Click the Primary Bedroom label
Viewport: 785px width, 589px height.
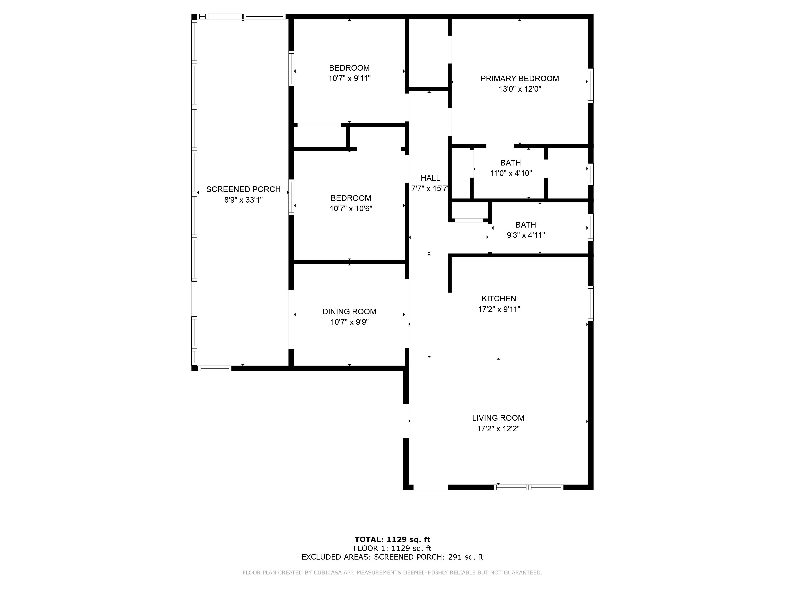(519, 79)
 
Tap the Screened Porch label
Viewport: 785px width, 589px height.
(244, 189)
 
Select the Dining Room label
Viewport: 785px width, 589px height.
(349, 311)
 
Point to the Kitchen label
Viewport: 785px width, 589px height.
(499, 299)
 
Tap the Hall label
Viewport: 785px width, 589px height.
(430, 178)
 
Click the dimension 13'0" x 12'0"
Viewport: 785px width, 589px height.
(519, 89)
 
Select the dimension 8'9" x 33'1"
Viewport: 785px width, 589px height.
(244, 200)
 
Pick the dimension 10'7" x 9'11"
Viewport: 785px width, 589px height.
(350, 78)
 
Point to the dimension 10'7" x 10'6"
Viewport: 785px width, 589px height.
(351, 208)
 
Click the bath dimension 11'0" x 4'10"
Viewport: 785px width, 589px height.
(511, 173)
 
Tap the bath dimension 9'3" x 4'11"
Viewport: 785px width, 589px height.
(526, 235)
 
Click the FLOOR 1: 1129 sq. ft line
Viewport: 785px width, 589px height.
(392, 548)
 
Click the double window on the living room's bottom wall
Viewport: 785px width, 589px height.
(529, 487)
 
